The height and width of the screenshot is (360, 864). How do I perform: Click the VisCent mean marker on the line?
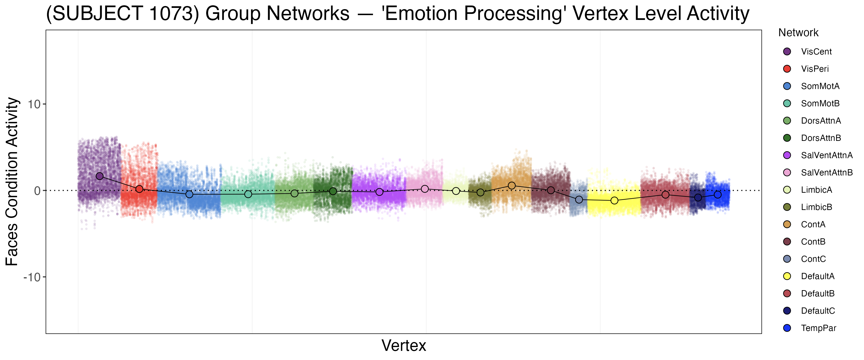pos(100,176)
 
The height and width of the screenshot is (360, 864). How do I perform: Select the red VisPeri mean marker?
pos(139,189)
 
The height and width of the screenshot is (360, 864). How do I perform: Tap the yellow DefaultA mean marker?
pos(614,200)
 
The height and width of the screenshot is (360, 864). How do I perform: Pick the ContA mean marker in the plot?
pos(511,186)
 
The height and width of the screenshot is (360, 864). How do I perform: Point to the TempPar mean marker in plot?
pos(717,195)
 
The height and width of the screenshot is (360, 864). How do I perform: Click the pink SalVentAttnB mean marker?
pos(425,189)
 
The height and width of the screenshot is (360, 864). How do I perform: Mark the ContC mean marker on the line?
pos(579,200)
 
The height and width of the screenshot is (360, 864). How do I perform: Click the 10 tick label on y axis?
pos(34,104)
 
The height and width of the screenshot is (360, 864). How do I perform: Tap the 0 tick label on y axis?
pos(37,191)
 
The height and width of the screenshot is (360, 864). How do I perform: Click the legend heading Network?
pos(798,33)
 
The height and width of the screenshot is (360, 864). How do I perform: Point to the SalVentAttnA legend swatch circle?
pos(787,155)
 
